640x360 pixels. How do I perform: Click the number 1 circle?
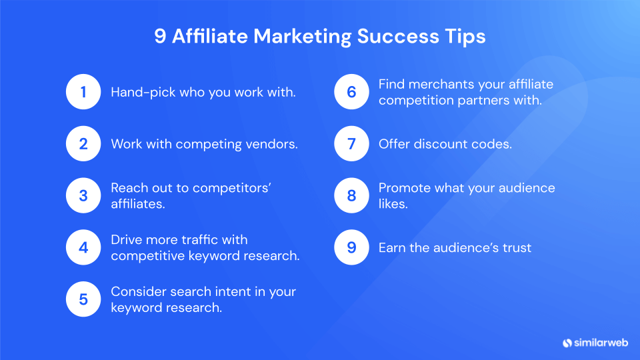pyautogui.click(x=83, y=92)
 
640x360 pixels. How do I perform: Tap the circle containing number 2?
pyautogui.click(x=83, y=143)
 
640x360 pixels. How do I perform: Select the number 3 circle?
pyautogui.click(x=83, y=195)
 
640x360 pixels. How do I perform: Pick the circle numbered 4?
pyautogui.click(x=83, y=247)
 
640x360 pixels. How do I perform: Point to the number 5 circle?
pyautogui.click(x=83, y=299)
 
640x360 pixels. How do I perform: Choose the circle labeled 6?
pyautogui.click(x=351, y=92)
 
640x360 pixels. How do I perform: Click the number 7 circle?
pyautogui.click(x=351, y=143)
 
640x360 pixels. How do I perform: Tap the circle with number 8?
pyautogui.click(x=351, y=195)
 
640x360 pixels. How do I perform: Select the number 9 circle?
pyautogui.click(x=351, y=247)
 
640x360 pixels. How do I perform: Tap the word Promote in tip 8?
pyautogui.click(x=404, y=188)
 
